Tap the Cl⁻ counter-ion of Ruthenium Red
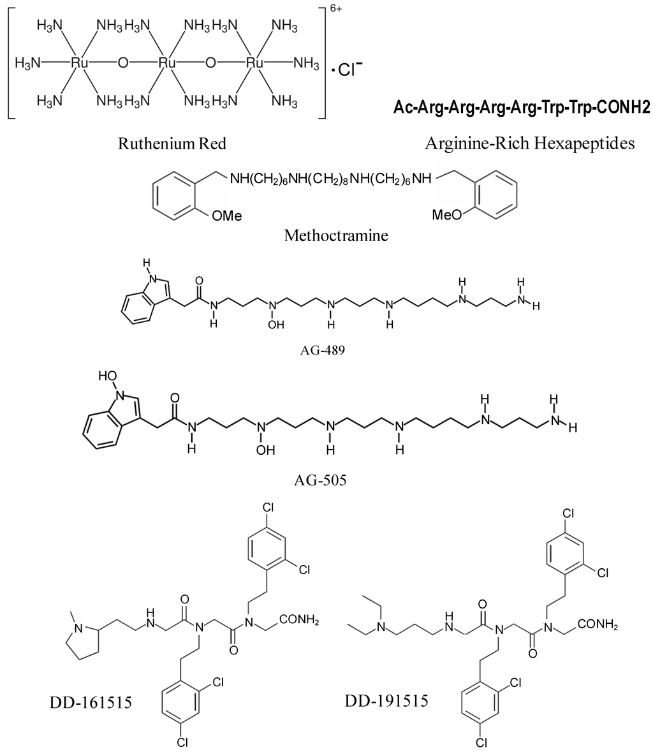coord(351,70)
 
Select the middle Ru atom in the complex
coord(167,63)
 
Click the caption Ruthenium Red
coord(172,144)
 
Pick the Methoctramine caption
coord(336,236)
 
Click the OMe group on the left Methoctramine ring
coord(226,216)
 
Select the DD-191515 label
coord(387,701)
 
